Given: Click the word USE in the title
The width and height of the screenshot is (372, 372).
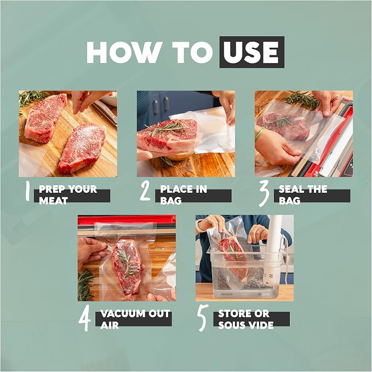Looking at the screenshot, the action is (251, 52).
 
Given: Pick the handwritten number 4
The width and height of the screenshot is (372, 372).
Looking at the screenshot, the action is (84, 318).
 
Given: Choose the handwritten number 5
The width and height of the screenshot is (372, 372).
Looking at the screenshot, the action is (203, 318).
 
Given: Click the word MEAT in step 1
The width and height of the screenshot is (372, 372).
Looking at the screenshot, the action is (53, 201).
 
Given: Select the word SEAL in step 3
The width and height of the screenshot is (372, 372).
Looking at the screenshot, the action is (291, 189).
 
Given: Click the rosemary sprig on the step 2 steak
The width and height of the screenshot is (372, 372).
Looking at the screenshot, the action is (166, 129).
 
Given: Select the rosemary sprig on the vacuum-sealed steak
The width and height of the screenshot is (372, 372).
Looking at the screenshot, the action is (128, 262).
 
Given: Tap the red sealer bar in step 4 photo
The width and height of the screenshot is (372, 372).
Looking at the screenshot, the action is (127, 220).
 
